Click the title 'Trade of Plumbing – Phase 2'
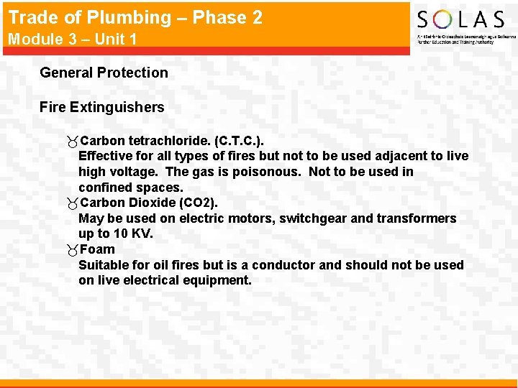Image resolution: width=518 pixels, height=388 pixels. (135, 17)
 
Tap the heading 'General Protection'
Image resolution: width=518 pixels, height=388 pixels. (104, 73)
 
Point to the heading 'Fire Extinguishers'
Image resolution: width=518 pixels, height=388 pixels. (101, 108)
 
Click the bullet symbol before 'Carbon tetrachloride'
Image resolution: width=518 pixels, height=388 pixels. (72, 141)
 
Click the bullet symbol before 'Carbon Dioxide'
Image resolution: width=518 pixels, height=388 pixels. (72, 203)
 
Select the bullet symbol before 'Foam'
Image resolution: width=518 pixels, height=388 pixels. (72, 250)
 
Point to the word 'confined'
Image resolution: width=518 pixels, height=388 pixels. (104, 188)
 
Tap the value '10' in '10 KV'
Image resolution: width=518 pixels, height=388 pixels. (122, 234)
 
